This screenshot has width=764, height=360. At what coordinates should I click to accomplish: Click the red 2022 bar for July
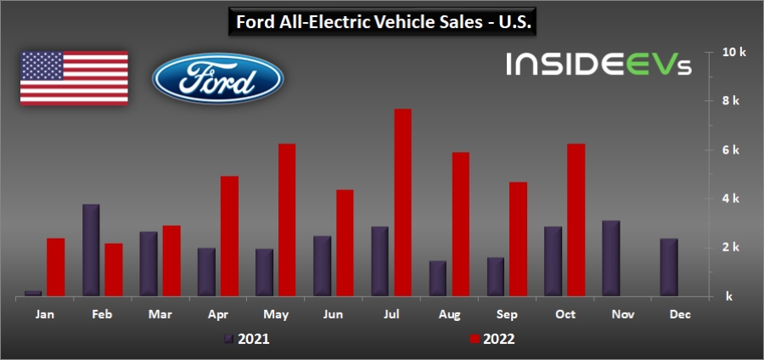(402, 203)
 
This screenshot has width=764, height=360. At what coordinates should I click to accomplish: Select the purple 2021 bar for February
(91, 250)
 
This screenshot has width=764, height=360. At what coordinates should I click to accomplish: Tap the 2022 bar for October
(576, 220)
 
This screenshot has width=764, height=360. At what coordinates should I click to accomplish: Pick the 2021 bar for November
(611, 258)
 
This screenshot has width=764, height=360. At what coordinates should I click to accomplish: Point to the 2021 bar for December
(669, 267)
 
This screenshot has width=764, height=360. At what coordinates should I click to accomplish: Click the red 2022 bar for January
(56, 267)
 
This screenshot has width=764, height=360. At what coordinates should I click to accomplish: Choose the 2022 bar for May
(287, 220)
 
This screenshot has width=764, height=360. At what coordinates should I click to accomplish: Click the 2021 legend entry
(250, 340)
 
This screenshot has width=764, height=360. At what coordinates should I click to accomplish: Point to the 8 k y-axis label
(732, 101)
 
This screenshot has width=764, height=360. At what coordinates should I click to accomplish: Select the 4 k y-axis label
(732, 199)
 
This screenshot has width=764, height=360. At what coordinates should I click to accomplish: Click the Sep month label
(507, 315)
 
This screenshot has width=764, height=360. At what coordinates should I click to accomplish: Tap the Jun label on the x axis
(334, 315)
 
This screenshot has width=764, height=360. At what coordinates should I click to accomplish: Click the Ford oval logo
(217, 79)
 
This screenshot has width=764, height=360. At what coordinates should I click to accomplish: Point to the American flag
(74, 78)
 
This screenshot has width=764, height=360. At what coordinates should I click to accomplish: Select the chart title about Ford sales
(382, 22)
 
